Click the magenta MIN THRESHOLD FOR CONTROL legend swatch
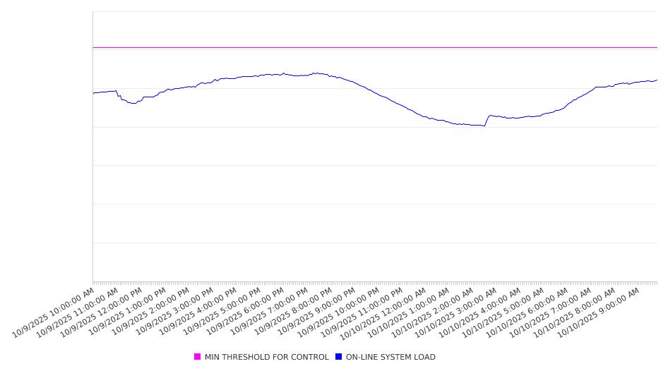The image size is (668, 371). coord(197,357)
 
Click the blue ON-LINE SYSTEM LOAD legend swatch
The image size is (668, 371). coord(338,357)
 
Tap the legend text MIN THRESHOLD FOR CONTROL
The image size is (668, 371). coord(266,357)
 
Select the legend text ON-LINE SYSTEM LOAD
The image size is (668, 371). coord(390,357)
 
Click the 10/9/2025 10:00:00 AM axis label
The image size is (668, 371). coord(54,312)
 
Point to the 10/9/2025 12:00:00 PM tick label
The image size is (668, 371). coord(101,312)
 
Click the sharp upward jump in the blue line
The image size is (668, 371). coord(487,121)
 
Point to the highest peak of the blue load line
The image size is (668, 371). coord(316,73)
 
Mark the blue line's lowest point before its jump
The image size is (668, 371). coord(484,126)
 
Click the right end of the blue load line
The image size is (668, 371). coord(657,80)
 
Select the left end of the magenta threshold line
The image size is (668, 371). coord(93,47)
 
